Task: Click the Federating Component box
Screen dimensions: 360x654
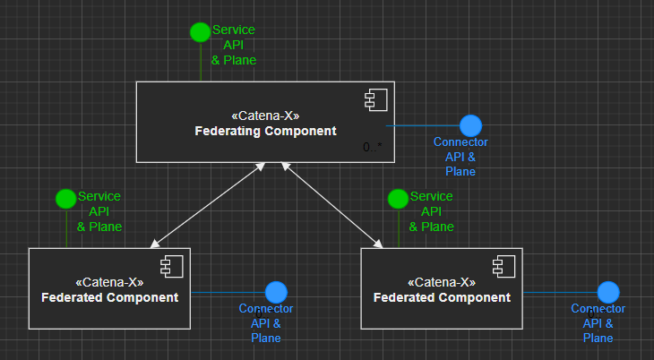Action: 265,122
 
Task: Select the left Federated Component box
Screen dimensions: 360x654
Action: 110,288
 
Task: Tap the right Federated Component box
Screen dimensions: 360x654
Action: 442,288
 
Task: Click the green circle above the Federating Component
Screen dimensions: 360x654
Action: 200,32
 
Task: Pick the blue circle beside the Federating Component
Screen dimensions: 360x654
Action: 470,126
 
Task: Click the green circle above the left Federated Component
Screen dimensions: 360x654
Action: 65,198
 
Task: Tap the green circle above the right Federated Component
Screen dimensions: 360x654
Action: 398,198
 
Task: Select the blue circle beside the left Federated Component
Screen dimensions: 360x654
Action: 276,292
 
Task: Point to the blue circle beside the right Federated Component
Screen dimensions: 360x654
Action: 609,292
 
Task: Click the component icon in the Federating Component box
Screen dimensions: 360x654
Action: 374,101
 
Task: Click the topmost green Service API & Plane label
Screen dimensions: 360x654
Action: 234,45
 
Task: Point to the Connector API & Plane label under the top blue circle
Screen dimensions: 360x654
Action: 460,157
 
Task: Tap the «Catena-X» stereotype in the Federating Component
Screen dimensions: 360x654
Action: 265,116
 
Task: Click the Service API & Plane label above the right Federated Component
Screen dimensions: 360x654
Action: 431,211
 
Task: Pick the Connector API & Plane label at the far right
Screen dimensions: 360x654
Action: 598,323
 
